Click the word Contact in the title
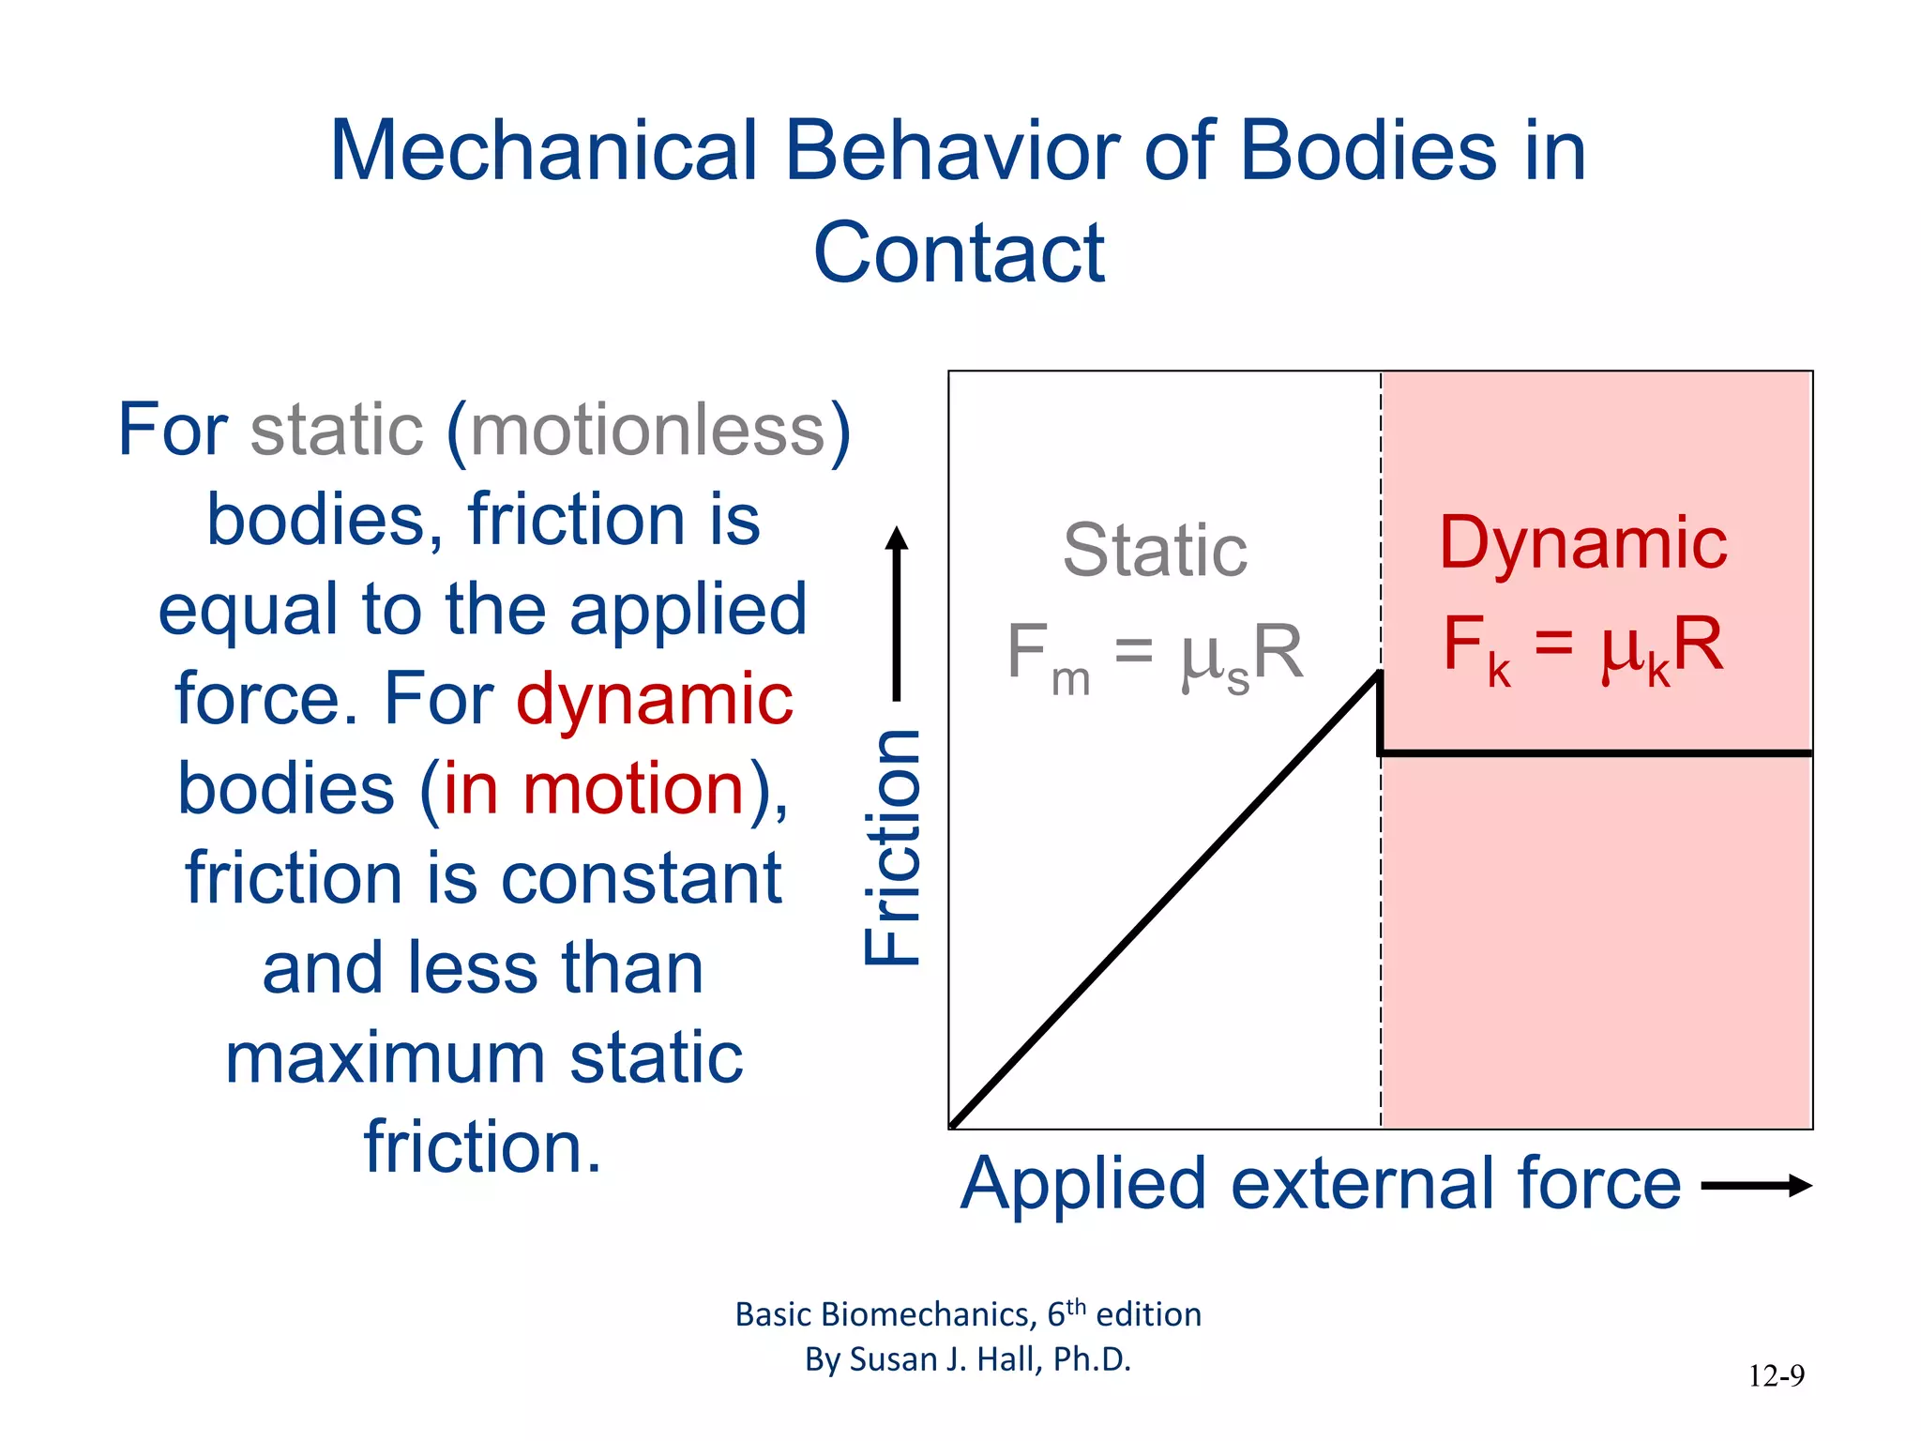coord(959,252)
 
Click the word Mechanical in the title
coord(543,151)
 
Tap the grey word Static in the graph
coord(1155,551)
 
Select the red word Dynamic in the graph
coord(1582,543)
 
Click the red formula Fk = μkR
coord(1582,646)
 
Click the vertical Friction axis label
coord(893,847)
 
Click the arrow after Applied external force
coord(1755,1186)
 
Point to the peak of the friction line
coord(1379,674)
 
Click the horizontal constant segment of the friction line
coord(1595,752)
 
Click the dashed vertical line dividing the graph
coord(1381,938)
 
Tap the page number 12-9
coord(1776,1376)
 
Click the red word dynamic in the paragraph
coord(654,699)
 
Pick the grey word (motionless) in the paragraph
coord(648,431)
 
